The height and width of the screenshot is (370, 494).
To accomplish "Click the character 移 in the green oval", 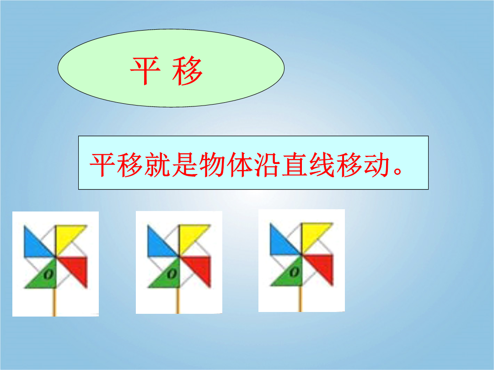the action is (x=187, y=71).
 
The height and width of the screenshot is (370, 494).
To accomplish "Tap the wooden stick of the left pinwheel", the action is (x=54, y=302).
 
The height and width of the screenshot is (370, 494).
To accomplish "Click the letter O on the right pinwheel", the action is (x=294, y=272).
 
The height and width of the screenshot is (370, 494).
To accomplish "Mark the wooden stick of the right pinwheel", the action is (x=300, y=299).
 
